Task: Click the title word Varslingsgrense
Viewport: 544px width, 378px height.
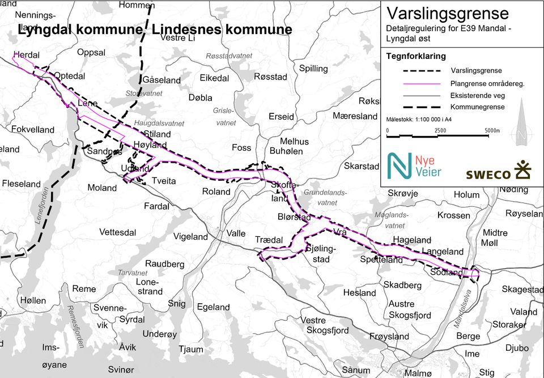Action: coord(448,14)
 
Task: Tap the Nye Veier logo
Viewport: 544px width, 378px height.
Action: coord(414,165)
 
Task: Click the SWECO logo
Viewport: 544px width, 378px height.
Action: coord(498,172)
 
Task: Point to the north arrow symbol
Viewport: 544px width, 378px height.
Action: coord(522,129)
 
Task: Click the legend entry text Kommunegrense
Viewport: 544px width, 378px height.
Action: coord(477,107)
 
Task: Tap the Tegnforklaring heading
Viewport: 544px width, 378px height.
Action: coord(416,56)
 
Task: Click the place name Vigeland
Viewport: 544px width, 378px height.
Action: coord(191,236)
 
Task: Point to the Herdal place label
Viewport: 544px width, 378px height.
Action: coord(26,55)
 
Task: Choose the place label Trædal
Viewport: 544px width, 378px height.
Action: coord(269,240)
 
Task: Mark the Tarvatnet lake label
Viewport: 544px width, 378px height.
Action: coord(133,273)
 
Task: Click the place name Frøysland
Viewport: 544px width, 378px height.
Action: coord(389,336)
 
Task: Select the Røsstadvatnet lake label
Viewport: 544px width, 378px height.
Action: coord(229,56)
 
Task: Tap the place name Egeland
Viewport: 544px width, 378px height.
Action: coord(213,307)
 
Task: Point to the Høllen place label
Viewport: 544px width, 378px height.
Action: coord(32,300)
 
